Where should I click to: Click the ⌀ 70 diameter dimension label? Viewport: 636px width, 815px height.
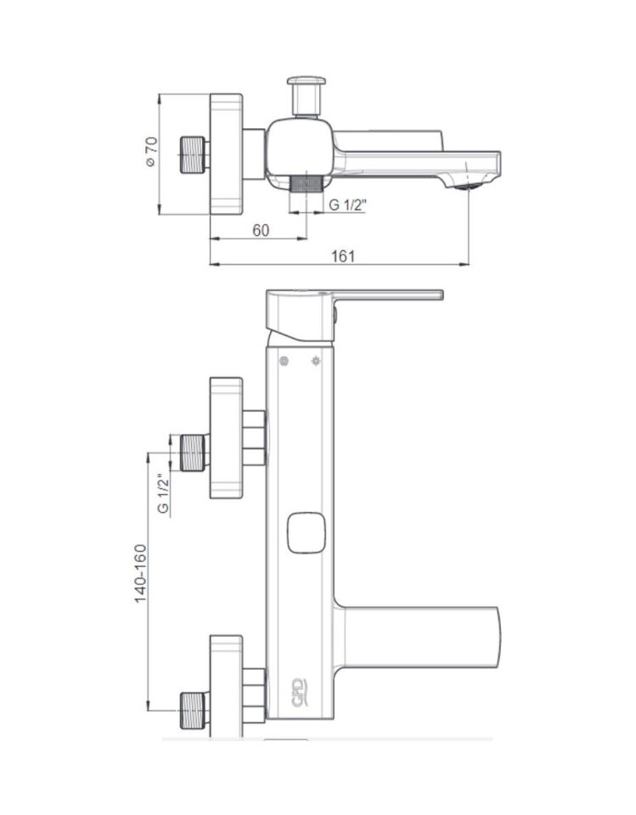pyautogui.click(x=151, y=152)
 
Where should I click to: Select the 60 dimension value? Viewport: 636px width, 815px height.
pyautogui.click(x=261, y=230)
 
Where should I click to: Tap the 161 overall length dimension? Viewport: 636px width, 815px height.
pyautogui.click(x=343, y=256)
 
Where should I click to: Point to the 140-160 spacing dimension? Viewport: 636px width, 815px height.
pyautogui.click(x=141, y=573)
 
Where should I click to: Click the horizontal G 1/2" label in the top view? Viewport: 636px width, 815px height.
pyautogui.click(x=348, y=205)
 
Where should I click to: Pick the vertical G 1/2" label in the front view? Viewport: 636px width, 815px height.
pyautogui.click(x=164, y=493)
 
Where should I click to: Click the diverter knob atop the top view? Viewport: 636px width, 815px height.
pyautogui.click(x=307, y=96)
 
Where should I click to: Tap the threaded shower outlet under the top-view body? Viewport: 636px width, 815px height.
pyautogui.click(x=306, y=185)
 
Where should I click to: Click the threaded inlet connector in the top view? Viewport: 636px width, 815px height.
pyautogui.click(x=193, y=155)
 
